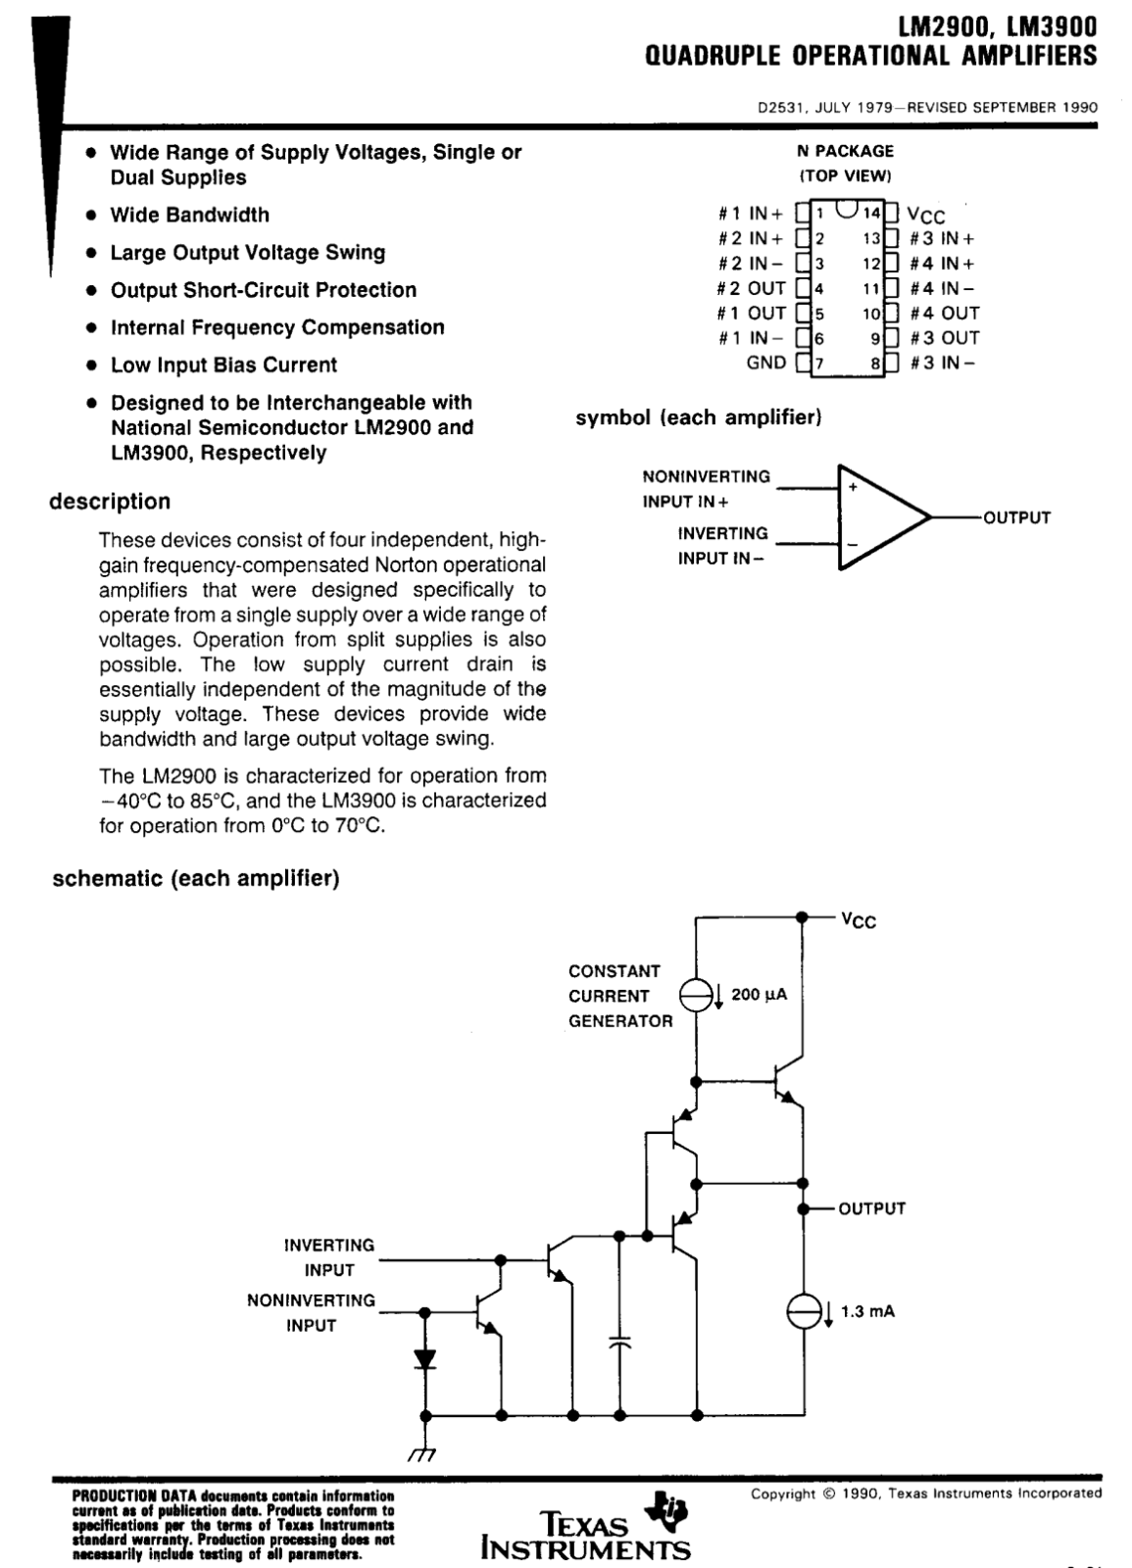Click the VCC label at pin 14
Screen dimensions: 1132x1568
925,215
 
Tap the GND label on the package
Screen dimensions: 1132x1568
765,363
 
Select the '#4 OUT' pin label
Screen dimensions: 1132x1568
945,313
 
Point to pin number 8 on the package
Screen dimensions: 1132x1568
875,364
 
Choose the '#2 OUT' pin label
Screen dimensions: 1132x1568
751,288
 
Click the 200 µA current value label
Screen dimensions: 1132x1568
759,994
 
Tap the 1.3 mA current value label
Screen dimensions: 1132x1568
867,1311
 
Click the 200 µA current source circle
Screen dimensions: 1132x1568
697,995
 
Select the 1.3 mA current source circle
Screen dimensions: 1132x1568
803,1311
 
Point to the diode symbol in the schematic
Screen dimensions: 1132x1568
425,1359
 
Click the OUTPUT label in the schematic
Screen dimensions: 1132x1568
871,1208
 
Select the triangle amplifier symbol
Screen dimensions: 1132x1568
885,517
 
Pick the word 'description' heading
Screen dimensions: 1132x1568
110,502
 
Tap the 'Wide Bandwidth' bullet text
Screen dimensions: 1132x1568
190,215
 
